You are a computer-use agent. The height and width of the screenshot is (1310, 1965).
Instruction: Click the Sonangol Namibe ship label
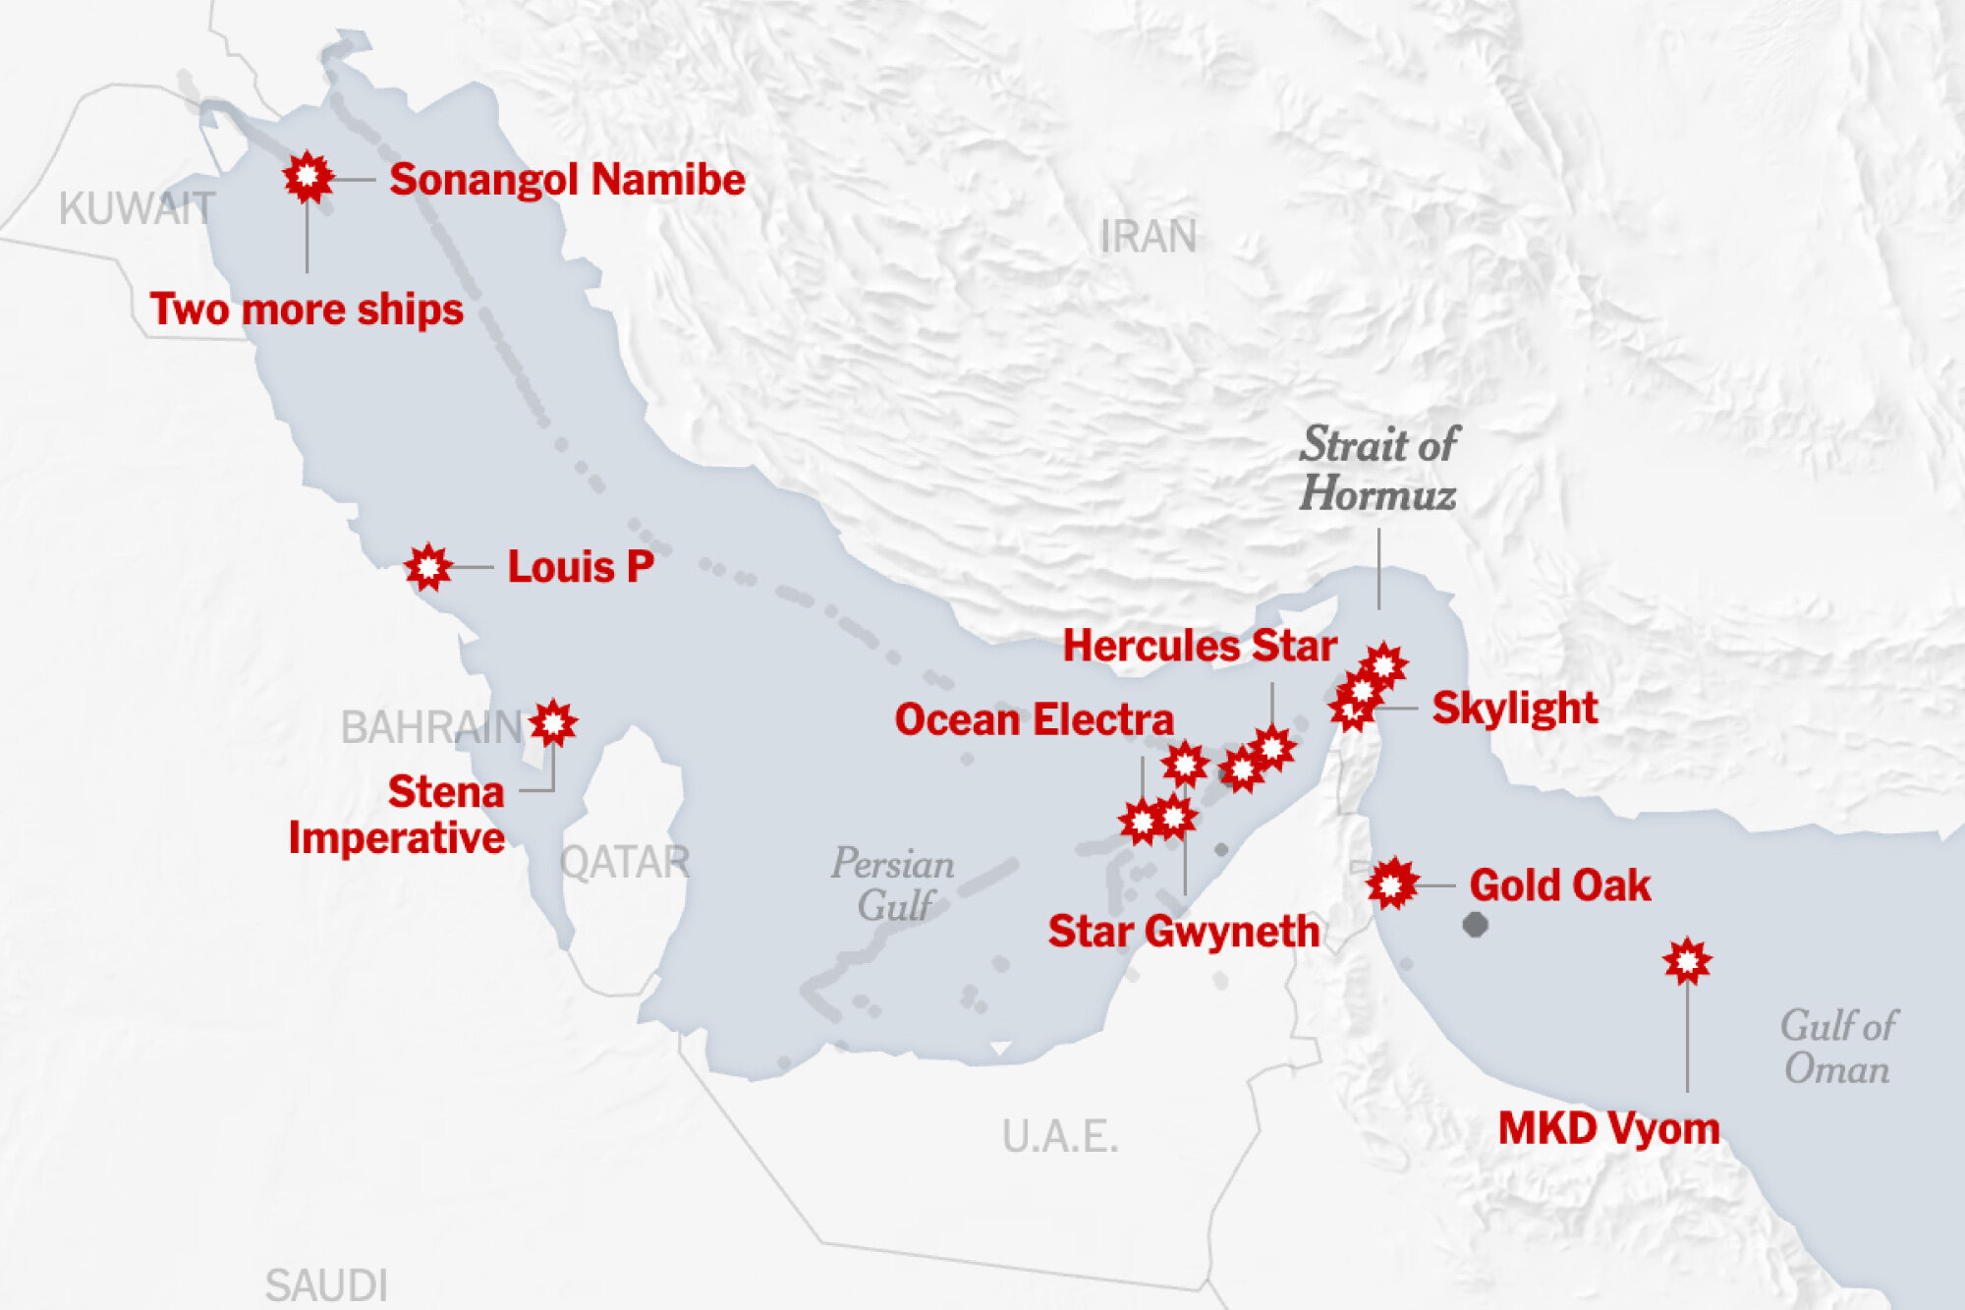(567, 180)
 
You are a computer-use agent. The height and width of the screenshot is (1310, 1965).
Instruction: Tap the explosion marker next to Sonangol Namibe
(308, 177)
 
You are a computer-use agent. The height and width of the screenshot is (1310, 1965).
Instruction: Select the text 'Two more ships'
(306, 310)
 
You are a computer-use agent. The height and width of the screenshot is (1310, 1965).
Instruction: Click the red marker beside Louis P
(428, 567)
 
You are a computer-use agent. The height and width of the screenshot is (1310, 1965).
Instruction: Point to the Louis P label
(580, 567)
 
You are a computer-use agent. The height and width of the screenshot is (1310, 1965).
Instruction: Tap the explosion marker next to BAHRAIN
(553, 724)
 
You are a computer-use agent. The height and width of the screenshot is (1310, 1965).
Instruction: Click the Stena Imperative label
(397, 815)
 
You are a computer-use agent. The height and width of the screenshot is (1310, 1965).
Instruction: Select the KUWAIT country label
(137, 209)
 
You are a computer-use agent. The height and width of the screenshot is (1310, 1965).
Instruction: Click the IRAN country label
(1148, 237)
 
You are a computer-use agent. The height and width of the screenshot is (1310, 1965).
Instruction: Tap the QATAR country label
(625, 863)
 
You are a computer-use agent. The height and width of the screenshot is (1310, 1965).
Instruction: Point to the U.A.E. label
(1060, 1137)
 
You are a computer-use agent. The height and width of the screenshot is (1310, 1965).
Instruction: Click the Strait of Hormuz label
(1378, 470)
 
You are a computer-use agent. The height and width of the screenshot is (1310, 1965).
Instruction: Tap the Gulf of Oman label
(1837, 1048)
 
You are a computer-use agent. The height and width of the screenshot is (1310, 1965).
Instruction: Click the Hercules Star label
(1200, 647)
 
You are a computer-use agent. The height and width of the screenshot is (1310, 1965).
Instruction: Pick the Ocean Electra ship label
(1034, 720)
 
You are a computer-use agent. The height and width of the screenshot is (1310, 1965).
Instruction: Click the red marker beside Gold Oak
(1391, 884)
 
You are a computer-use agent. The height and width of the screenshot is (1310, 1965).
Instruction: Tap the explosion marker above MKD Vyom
(1687, 961)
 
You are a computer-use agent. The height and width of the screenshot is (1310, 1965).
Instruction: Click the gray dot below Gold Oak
(1475, 925)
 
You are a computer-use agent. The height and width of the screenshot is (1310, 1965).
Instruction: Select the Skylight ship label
(1514, 709)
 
